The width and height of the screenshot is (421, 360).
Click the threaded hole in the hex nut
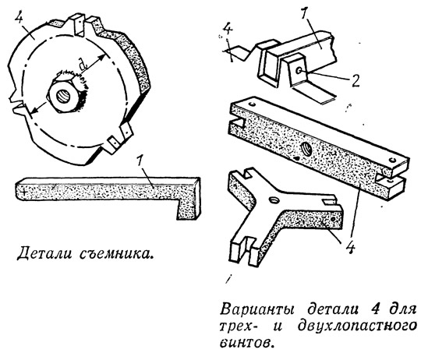[x=63, y=96]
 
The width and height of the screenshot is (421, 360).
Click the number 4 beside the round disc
[x=19, y=18]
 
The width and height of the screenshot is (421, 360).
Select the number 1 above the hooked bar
[x=139, y=164]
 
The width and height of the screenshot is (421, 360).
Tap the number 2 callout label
[x=356, y=80]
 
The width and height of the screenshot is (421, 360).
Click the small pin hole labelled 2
[x=299, y=71]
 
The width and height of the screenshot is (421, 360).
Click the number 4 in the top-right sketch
[x=228, y=30]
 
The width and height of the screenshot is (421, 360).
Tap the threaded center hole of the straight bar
[x=306, y=148]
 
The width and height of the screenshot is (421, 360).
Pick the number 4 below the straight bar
[x=350, y=248]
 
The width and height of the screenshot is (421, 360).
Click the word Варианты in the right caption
[x=257, y=310]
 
